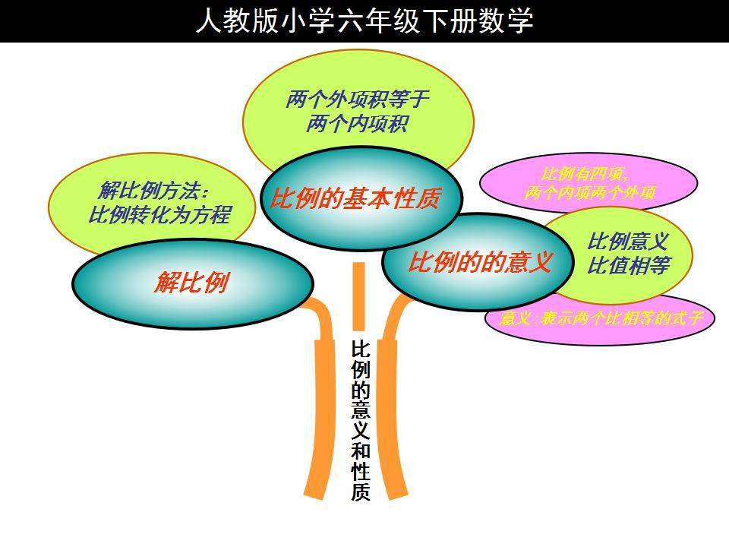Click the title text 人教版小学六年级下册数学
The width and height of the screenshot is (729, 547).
tap(364, 21)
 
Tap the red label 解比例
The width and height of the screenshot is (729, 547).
tap(191, 283)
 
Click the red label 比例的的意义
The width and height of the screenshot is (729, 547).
tap(479, 262)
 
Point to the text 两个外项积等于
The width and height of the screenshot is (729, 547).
tap(358, 100)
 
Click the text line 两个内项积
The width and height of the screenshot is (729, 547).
tap(357, 124)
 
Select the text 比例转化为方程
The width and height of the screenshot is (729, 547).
tap(159, 215)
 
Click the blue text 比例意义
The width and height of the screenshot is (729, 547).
tap(628, 242)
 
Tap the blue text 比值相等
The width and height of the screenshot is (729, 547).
tap(628, 267)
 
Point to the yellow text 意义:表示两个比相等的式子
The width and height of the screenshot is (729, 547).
tap(601, 318)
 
